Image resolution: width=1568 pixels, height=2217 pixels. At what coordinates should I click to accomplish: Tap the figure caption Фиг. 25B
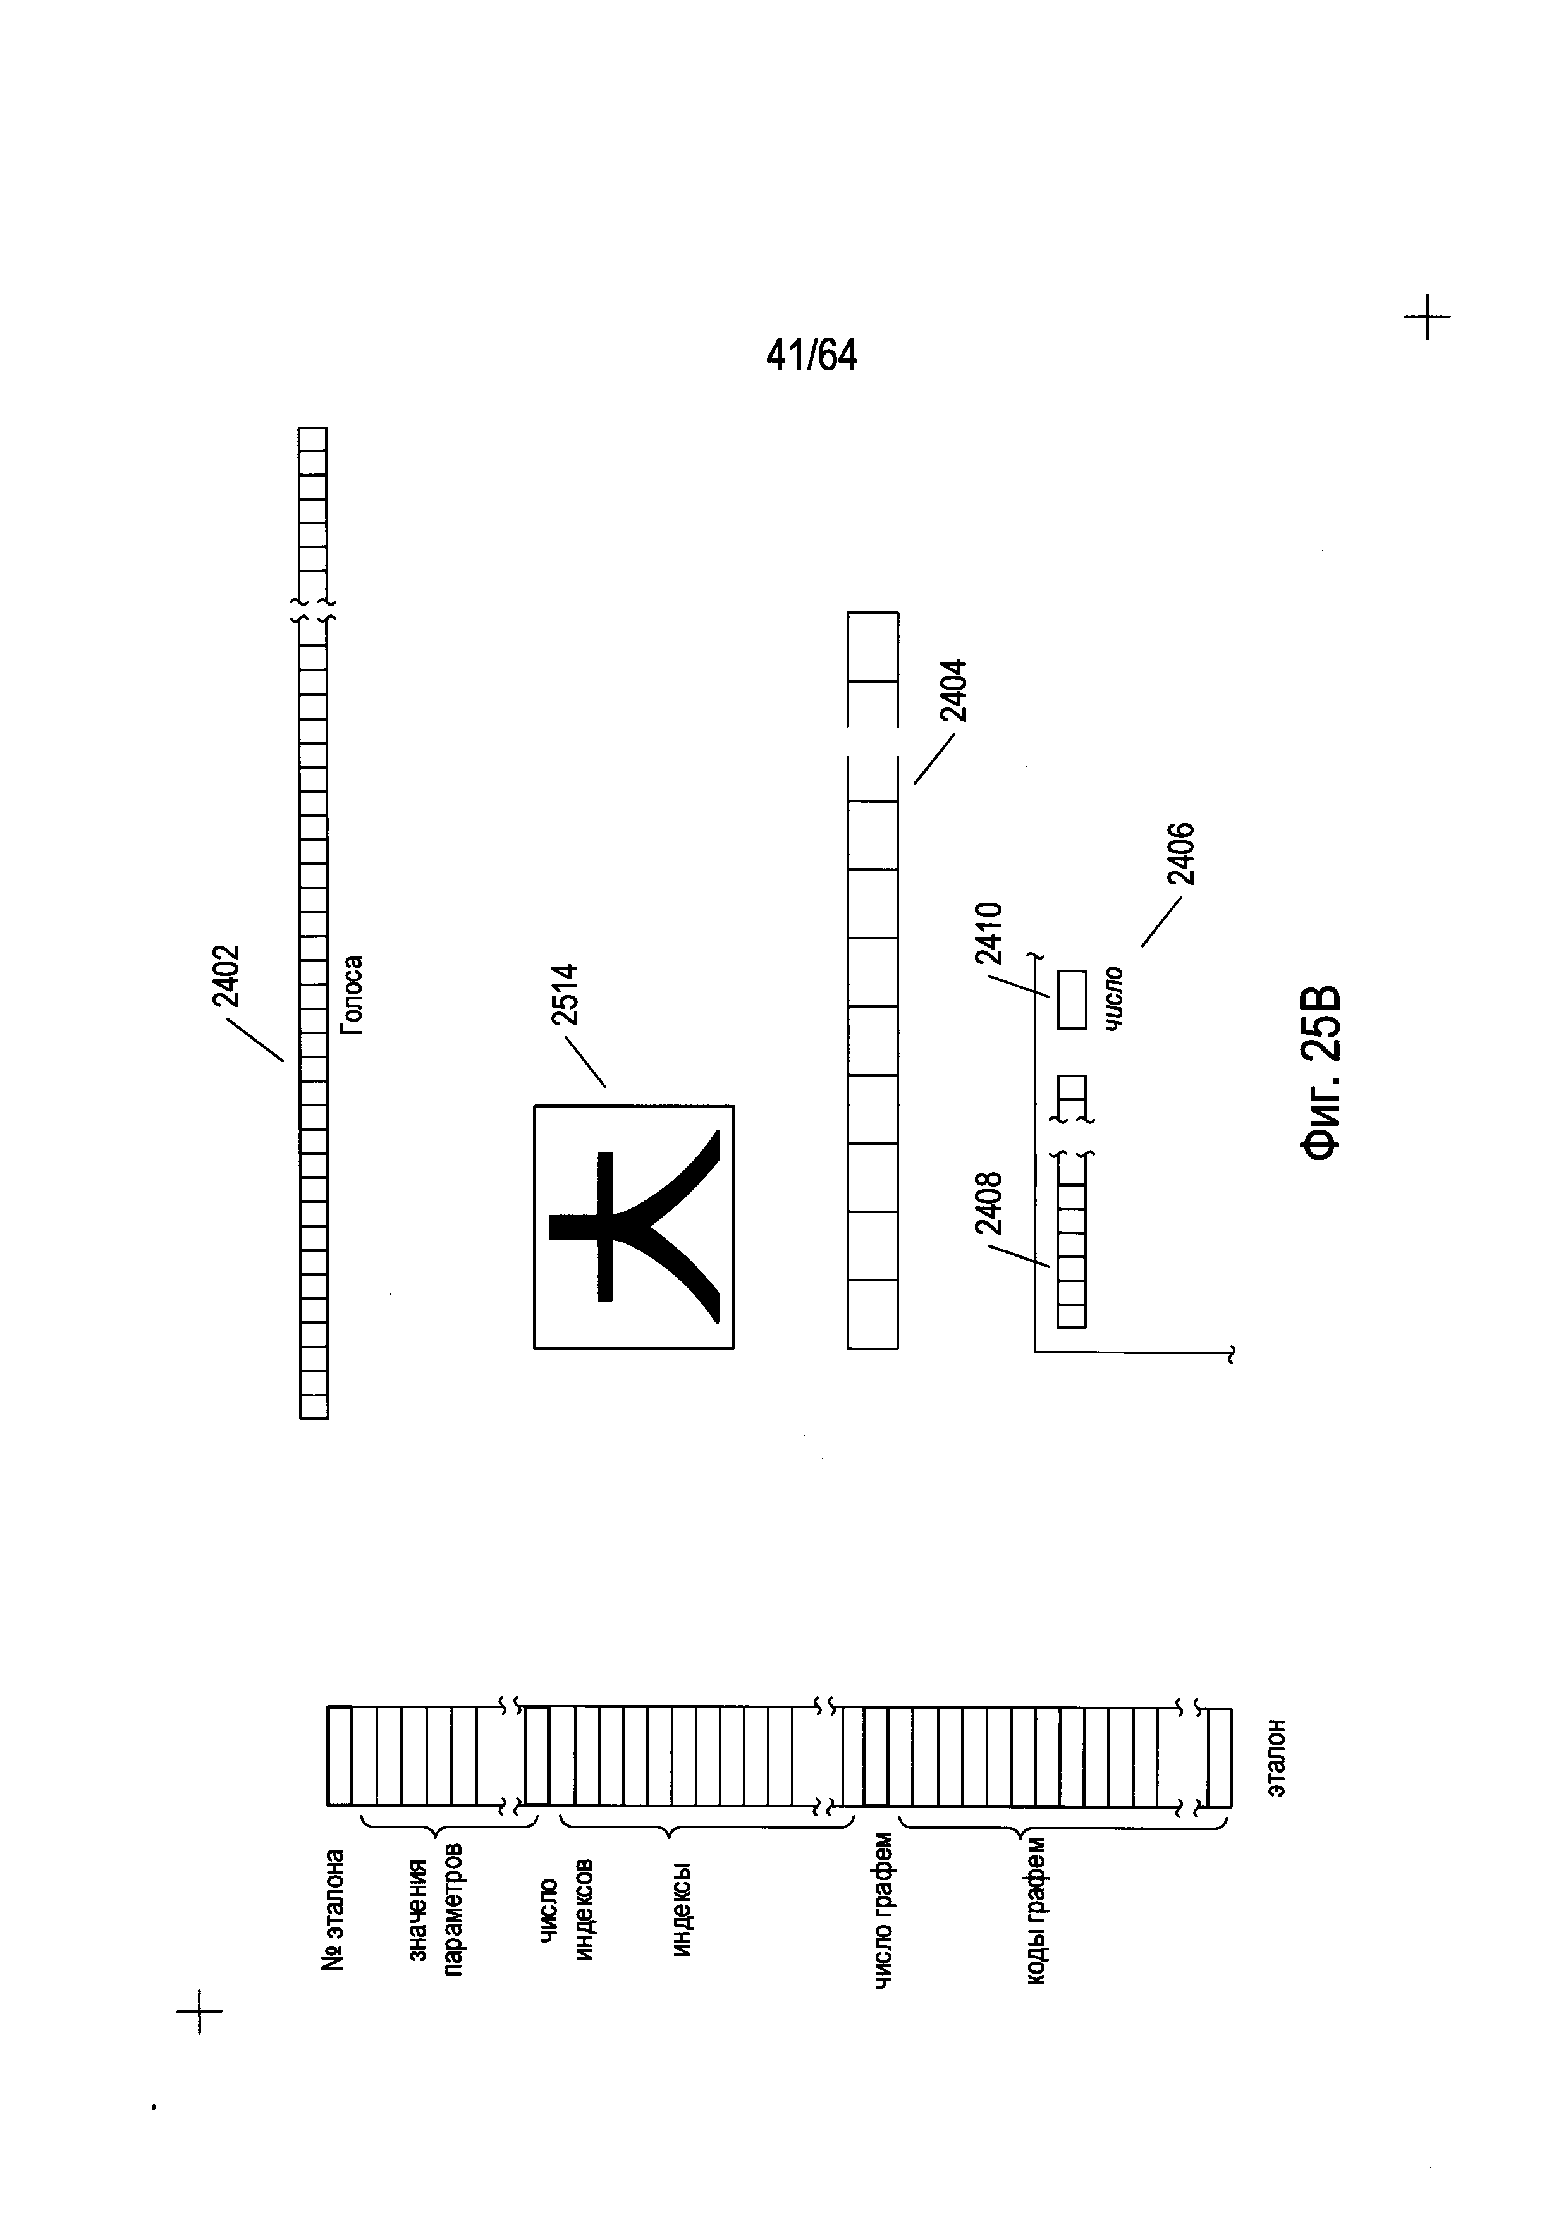(1320, 1072)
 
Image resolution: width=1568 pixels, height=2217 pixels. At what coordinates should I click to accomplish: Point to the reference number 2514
(564, 994)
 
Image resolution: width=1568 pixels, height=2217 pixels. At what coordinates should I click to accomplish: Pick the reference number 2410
(989, 933)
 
